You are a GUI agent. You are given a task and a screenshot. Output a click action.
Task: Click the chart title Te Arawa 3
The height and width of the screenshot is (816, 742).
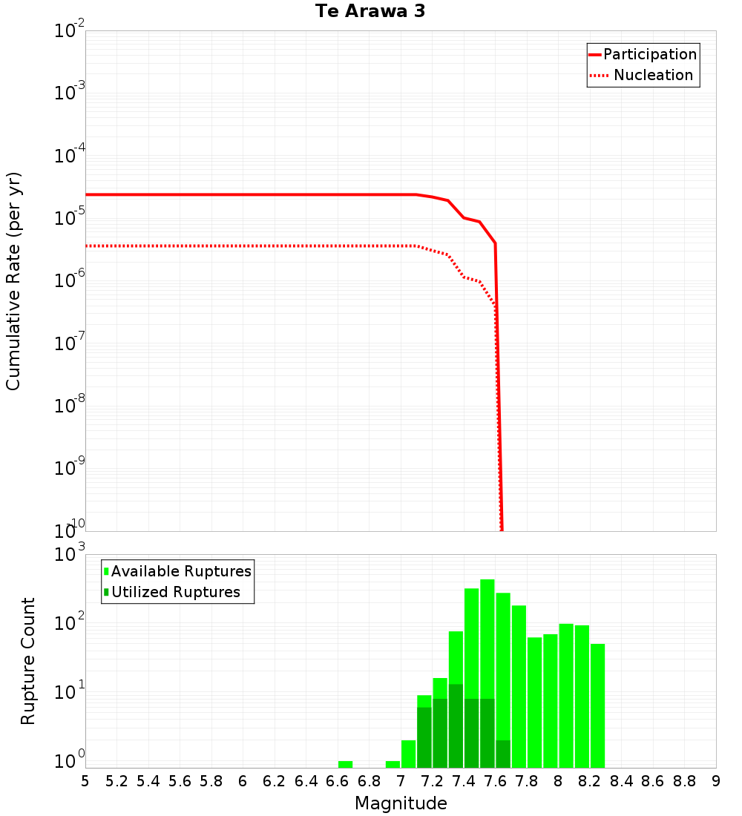[x=370, y=12]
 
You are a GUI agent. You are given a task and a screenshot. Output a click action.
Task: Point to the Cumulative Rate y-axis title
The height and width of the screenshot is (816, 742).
[x=13, y=280]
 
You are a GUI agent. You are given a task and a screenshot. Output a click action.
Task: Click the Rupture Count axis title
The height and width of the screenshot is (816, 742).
[x=28, y=660]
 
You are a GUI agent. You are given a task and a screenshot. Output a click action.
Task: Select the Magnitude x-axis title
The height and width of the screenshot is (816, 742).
[x=401, y=803]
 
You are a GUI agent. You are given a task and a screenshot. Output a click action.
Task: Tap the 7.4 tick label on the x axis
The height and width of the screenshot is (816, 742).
[x=464, y=781]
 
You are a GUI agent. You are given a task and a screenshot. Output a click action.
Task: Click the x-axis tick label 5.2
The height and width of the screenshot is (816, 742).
[x=116, y=781]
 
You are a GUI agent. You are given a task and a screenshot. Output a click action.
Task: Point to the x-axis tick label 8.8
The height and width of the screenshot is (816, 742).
[x=684, y=781]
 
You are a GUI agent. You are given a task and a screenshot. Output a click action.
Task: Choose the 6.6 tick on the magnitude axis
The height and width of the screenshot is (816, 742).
[x=338, y=781]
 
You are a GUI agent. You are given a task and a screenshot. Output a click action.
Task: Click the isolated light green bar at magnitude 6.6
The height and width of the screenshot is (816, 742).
[x=345, y=764]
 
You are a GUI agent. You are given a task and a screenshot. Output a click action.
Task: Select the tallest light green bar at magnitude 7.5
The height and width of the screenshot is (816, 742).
[x=487, y=638]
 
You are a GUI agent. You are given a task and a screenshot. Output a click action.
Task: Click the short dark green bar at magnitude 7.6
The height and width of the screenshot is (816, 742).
[x=503, y=754]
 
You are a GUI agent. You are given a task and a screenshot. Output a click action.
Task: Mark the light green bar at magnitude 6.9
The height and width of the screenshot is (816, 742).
[x=393, y=764]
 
